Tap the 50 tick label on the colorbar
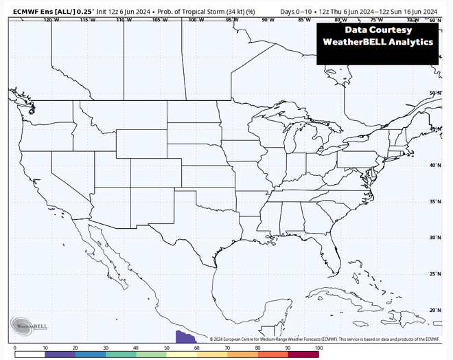click(166, 349)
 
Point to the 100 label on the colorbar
click(318, 349)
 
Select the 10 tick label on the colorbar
click(45, 349)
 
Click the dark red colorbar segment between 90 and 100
click(303, 355)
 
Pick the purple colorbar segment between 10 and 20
click(60, 355)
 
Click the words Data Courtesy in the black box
click(378, 30)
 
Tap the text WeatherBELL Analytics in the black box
click(378, 42)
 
